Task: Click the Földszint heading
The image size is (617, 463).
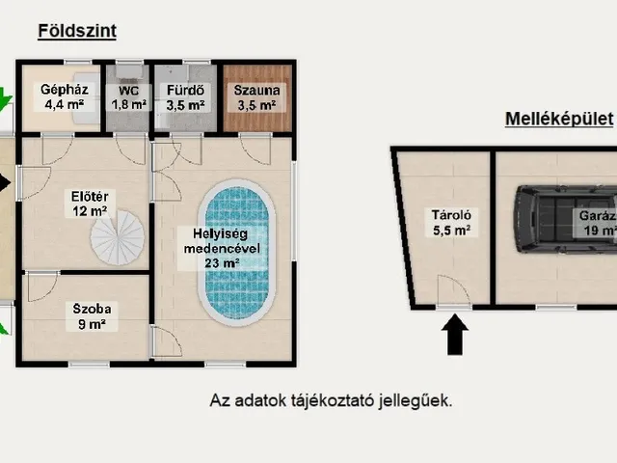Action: (77, 31)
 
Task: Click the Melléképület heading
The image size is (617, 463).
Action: (559, 119)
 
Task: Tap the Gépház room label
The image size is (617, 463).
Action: (65, 96)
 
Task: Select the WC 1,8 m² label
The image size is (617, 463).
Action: (128, 97)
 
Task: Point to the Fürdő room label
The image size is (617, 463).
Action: (185, 97)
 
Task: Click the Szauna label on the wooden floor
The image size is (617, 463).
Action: (256, 97)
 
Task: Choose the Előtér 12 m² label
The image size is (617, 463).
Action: (90, 204)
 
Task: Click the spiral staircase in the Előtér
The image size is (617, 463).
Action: (118, 237)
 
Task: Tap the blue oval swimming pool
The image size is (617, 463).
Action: (236, 253)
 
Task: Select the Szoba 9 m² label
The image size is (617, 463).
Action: (92, 316)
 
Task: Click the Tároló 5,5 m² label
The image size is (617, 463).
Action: (452, 223)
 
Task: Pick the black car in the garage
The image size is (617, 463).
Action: (566, 219)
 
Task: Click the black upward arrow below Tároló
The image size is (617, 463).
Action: (455, 335)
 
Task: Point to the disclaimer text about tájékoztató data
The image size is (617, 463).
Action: (331, 401)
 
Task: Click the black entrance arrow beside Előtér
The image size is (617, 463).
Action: (5, 182)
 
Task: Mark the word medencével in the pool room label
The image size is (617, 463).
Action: (222, 249)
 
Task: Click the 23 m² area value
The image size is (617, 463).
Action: (222, 263)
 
